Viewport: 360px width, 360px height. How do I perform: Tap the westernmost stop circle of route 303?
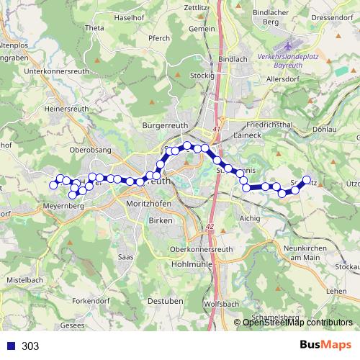click(x=53, y=185)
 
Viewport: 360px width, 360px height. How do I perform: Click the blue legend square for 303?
click(x=12, y=346)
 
